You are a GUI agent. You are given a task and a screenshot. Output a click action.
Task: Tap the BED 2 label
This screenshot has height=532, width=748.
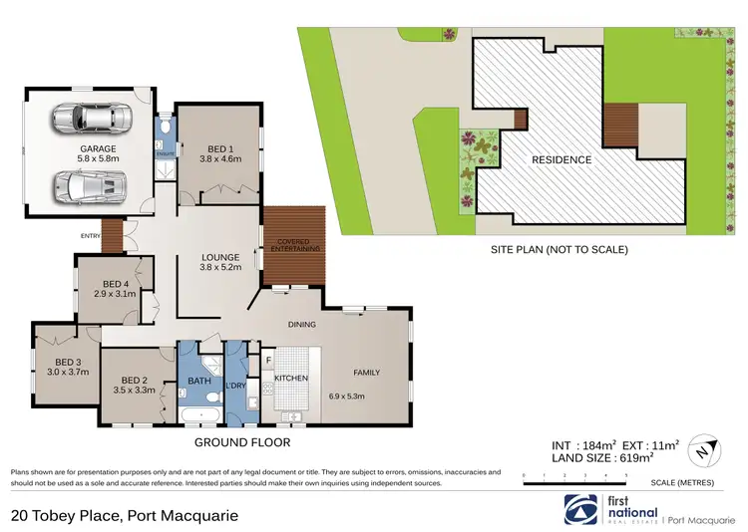click(135, 379)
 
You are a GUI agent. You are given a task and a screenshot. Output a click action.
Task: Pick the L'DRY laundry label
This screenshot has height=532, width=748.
click(235, 385)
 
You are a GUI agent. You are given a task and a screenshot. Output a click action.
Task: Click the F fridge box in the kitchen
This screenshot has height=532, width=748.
click(268, 359)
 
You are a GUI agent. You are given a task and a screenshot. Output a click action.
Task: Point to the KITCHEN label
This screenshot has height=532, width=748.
click(291, 379)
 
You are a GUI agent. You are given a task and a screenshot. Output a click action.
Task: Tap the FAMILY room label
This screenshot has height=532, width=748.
click(366, 373)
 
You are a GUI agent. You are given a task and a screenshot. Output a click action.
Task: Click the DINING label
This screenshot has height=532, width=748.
click(301, 324)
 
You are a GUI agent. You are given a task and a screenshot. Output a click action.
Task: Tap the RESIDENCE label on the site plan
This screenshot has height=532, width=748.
click(561, 159)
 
